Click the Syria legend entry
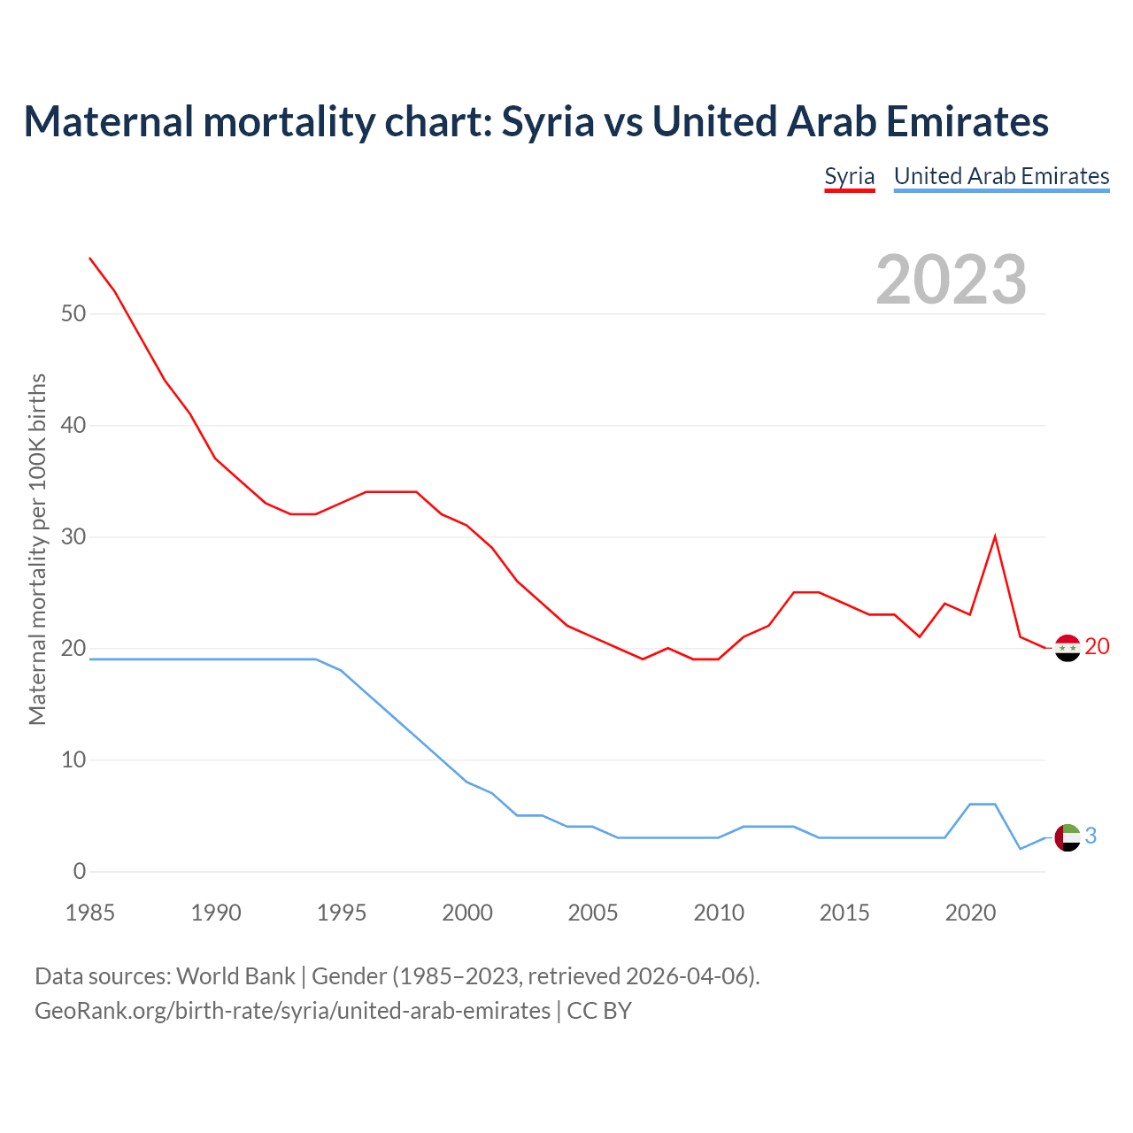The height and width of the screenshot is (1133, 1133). (850, 176)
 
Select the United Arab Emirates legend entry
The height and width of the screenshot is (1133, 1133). (1001, 176)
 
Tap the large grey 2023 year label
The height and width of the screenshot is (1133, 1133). (952, 280)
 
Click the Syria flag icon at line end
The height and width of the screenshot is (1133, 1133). (1067, 648)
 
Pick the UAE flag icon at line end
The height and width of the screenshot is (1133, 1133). (1068, 836)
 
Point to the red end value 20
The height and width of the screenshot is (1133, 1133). (1097, 647)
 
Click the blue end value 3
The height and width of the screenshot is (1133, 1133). (1091, 836)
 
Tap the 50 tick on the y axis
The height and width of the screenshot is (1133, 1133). (73, 314)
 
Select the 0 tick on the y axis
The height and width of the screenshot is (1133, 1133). (80, 872)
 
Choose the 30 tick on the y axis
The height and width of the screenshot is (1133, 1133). (73, 537)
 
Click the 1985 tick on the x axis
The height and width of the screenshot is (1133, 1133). (90, 913)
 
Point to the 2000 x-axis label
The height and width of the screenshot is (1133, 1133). (467, 913)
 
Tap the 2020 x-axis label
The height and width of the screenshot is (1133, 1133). (970, 913)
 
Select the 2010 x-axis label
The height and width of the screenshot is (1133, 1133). (719, 913)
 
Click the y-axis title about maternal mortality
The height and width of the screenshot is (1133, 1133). (37, 549)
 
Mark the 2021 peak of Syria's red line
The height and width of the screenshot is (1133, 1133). (995, 536)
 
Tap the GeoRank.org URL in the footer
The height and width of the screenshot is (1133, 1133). (292, 1011)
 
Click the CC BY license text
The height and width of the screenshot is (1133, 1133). (599, 1011)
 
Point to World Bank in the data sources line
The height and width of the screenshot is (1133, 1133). (235, 976)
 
